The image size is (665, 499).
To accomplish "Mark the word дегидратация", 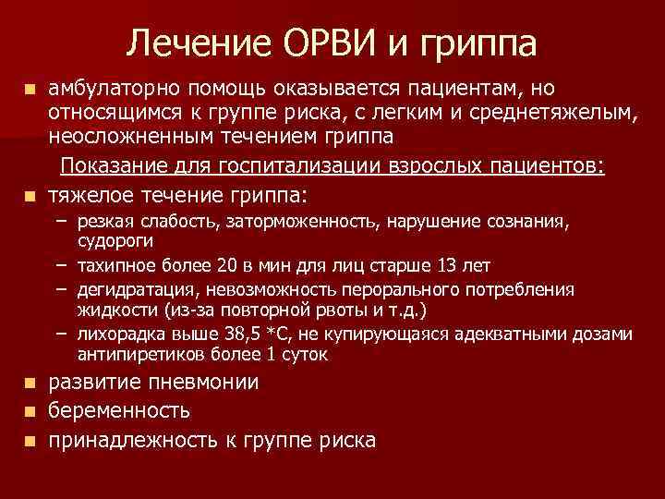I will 129,290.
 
